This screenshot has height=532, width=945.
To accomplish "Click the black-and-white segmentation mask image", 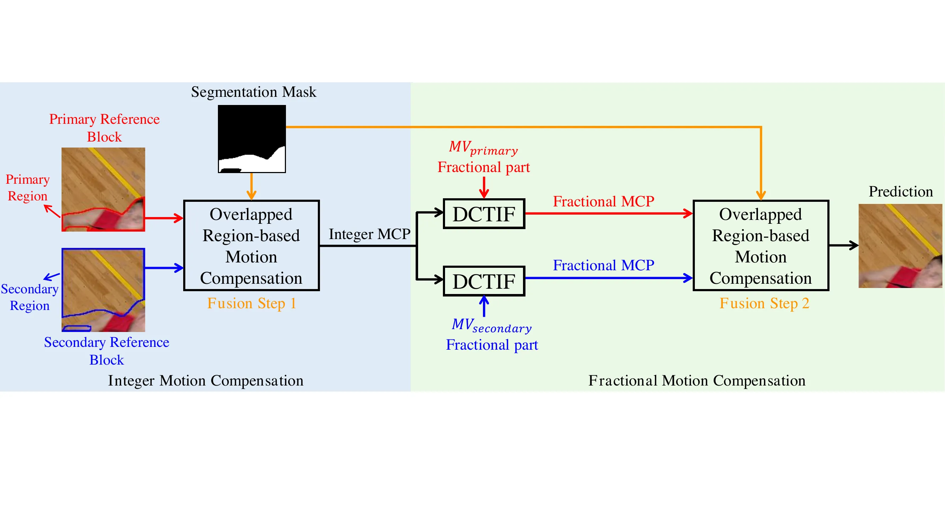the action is [x=252, y=139].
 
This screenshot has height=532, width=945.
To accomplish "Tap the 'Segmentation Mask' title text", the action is [x=253, y=92].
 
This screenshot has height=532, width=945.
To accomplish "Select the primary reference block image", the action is [x=103, y=189].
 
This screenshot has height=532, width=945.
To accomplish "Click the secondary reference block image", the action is [x=103, y=290].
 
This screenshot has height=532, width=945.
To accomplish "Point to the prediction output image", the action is [x=900, y=246].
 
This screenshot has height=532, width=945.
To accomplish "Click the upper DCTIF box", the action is [x=484, y=214].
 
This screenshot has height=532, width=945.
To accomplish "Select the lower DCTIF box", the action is [x=484, y=281].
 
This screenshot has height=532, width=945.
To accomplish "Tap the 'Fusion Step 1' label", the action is [x=252, y=303].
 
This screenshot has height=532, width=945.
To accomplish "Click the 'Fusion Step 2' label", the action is [x=764, y=303].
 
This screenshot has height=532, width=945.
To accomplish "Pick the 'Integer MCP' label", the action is [x=370, y=234].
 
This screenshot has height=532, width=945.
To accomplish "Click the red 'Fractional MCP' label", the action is [x=603, y=201].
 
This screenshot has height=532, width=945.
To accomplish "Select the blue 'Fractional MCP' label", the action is [x=603, y=265].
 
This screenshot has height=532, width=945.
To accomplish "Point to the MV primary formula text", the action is [x=484, y=148].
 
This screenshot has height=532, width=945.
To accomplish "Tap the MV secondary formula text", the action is [x=491, y=325].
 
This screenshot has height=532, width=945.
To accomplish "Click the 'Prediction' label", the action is [x=901, y=192].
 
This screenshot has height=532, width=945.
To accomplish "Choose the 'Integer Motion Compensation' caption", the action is [x=206, y=380].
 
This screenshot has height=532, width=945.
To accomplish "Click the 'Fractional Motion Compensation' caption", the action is [x=697, y=380].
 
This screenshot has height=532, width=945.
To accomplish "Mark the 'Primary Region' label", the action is [x=28, y=188].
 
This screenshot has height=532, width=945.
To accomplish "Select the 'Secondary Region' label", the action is [x=29, y=297].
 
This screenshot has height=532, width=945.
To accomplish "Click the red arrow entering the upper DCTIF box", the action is [x=484, y=188].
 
